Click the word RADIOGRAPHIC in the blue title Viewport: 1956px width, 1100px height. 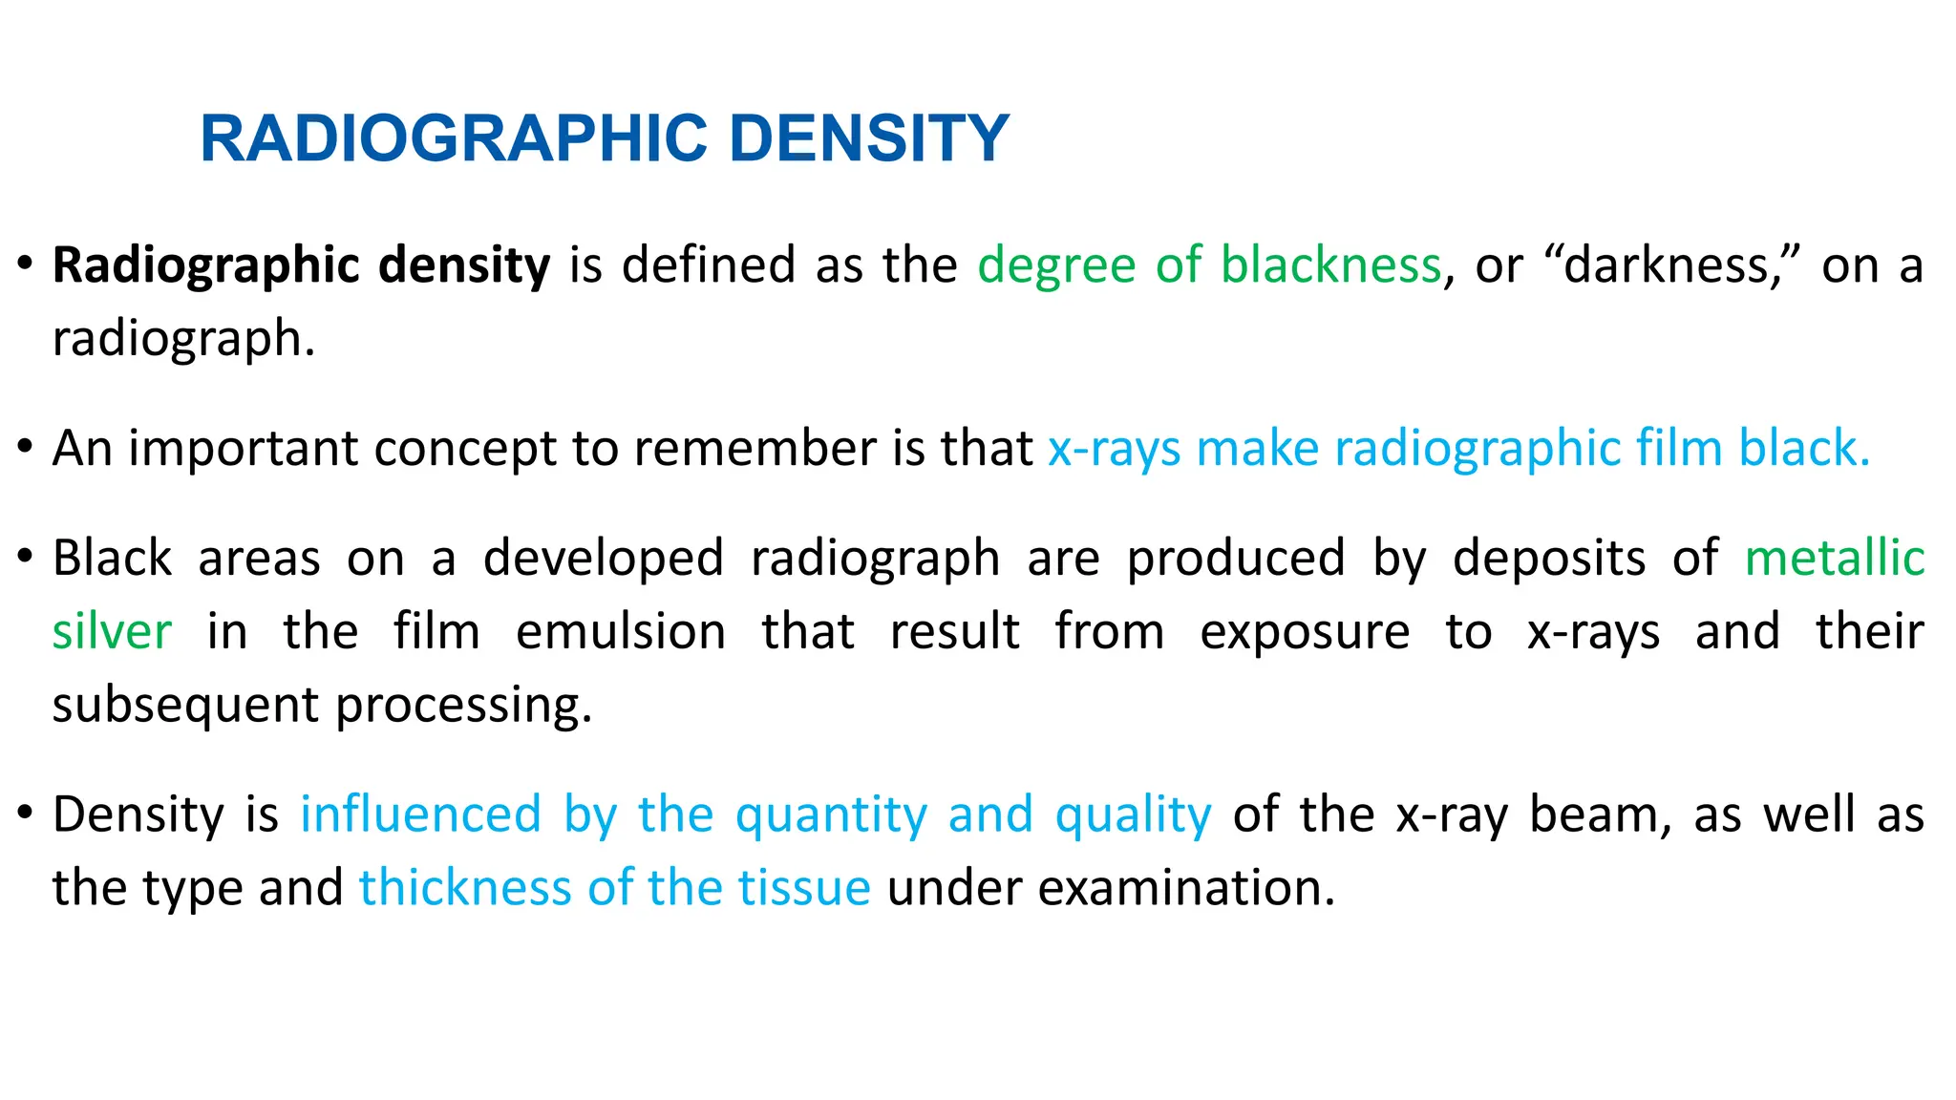[x=454, y=138]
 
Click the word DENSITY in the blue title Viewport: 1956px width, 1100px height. [x=869, y=138]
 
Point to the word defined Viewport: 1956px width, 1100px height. [x=709, y=265]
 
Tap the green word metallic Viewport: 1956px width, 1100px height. [x=1834, y=559]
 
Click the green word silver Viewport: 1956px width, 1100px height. [x=112, y=632]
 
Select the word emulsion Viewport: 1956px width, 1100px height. [x=621, y=632]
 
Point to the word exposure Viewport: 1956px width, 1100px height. [x=1305, y=632]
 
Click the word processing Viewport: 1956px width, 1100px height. [x=463, y=707]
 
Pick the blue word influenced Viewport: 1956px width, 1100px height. [x=420, y=815]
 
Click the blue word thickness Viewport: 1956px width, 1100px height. [x=464, y=888]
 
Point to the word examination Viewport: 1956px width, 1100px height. [x=1185, y=888]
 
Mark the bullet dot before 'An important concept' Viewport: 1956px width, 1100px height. [x=26, y=447]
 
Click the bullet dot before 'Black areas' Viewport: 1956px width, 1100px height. [x=26, y=557]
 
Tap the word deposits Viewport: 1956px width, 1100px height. [x=1548, y=559]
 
